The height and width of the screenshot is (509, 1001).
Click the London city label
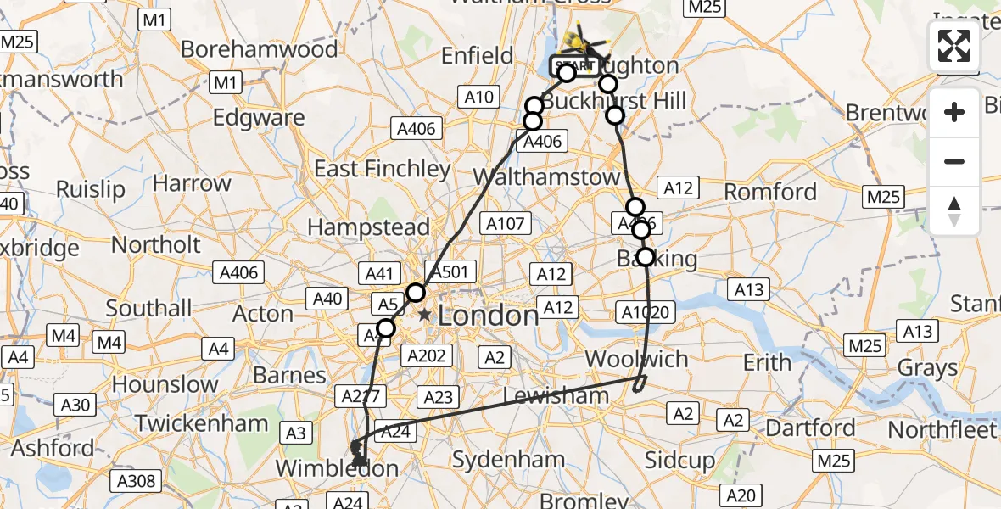(x=489, y=316)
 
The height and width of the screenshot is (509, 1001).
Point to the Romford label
(x=770, y=192)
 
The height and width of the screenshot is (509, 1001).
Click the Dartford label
(x=810, y=428)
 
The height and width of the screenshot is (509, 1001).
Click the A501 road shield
(x=450, y=271)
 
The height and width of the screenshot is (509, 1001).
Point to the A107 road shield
(x=506, y=223)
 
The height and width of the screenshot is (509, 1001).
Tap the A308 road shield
(x=136, y=482)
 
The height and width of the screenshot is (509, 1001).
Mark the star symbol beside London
(x=424, y=316)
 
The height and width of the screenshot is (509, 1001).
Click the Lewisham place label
(x=556, y=396)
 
